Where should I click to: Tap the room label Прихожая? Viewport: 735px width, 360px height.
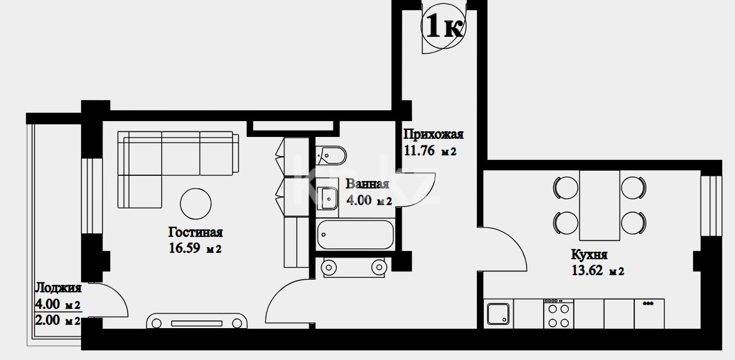(433, 134)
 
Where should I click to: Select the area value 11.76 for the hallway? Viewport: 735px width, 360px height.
(419, 151)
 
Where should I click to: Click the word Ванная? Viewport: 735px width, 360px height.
(367, 184)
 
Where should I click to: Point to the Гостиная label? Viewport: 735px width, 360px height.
(196, 233)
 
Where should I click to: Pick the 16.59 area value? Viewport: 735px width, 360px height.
(184, 248)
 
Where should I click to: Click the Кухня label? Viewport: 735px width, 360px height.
(589, 255)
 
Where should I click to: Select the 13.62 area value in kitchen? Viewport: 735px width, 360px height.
(587, 271)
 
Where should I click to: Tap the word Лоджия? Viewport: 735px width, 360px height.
(59, 288)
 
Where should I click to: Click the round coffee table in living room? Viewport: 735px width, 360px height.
(196, 203)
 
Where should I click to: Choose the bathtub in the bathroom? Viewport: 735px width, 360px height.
(355, 235)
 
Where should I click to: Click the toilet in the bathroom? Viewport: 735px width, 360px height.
(331, 155)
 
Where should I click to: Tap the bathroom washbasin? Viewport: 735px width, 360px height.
(327, 198)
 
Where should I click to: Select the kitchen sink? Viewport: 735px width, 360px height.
(498, 313)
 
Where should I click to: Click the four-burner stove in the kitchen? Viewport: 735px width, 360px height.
(559, 313)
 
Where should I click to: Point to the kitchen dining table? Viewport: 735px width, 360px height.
(600, 205)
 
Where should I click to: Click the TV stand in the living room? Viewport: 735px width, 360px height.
(197, 322)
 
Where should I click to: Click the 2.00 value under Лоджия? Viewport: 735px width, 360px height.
(48, 321)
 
